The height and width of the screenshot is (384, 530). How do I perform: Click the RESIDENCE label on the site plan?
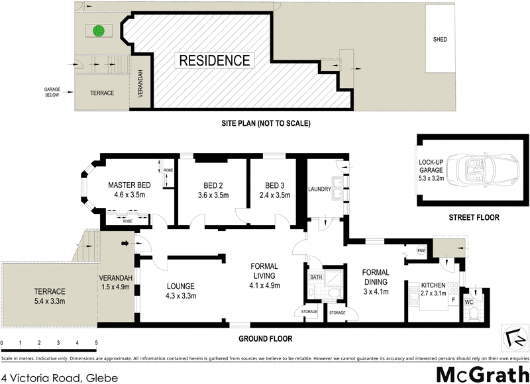(213, 60)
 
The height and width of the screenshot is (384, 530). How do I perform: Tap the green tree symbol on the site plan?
(99, 30)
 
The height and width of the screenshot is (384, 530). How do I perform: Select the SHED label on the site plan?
(439, 40)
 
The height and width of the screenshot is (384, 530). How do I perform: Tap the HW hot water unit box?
(420, 250)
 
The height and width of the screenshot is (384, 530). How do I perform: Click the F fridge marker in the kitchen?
(453, 300)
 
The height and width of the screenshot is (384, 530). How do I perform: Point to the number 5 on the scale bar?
(97, 343)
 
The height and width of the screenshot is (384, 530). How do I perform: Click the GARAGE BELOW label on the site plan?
(52, 91)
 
